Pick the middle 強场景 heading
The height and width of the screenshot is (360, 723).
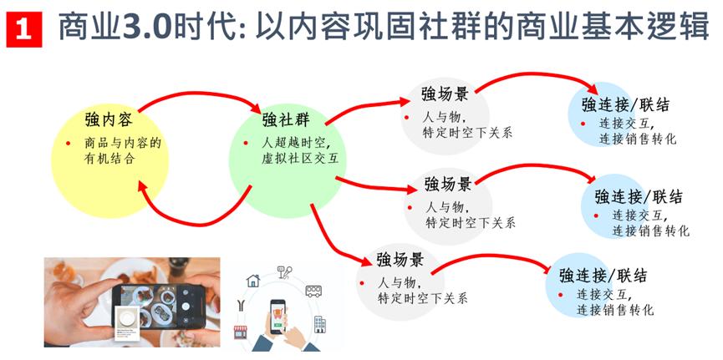[x=448, y=183]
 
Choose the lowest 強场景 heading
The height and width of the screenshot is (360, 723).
[x=400, y=257]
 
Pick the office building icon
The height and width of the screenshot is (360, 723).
[x=319, y=323]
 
